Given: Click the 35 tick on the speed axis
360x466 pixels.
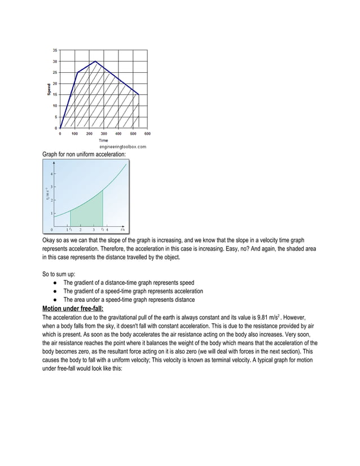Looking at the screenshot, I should pyautogui.click(x=54, y=50).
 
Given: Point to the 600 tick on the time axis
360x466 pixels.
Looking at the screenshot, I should pyautogui.click(x=147, y=134).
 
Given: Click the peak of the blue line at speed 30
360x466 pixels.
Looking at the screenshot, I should pyautogui.click(x=95, y=61).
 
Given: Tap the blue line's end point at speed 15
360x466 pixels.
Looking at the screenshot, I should pyautogui.click(x=139, y=94).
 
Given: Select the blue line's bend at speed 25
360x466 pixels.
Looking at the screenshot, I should pyautogui.click(x=77, y=72).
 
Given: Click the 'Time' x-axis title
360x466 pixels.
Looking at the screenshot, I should pyautogui.click(x=104, y=140).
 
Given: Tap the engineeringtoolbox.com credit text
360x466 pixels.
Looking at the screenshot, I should pyautogui.click(x=122, y=146).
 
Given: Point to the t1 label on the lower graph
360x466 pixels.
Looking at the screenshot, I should pyautogui.click(x=71, y=230).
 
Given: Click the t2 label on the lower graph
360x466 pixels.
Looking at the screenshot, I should pyautogui.click(x=102, y=230).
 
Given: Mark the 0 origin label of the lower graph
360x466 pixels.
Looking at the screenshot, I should pyautogui.click(x=52, y=230).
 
